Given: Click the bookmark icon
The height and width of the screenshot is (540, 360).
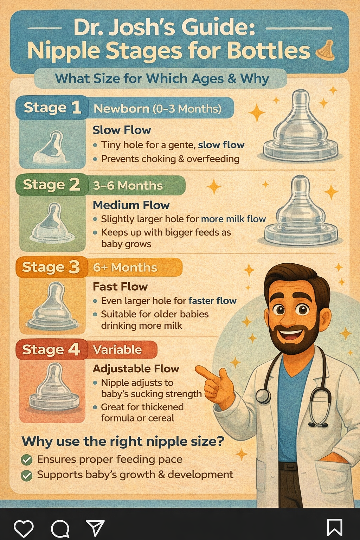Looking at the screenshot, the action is (x=334, y=527).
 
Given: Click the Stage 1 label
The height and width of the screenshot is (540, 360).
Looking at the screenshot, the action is (x=52, y=108).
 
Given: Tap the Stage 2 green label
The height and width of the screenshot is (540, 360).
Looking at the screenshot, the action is (x=52, y=185).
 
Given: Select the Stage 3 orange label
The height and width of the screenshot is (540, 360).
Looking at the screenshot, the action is (x=51, y=267).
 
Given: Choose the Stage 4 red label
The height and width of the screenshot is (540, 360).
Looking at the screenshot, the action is (x=51, y=349).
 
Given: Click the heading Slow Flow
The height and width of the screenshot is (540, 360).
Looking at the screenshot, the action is (x=122, y=130).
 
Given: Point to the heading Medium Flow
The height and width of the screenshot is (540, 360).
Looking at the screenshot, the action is (x=131, y=205).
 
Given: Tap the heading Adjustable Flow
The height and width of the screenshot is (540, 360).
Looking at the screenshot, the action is (x=136, y=368).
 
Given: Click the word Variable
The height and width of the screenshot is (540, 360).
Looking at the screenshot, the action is (x=117, y=349).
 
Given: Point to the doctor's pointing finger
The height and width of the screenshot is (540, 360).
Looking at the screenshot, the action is (x=205, y=373).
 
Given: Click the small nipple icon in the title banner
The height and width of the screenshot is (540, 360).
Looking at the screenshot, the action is (x=326, y=51).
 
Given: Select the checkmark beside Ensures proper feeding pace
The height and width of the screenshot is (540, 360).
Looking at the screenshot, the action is (x=26, y=460).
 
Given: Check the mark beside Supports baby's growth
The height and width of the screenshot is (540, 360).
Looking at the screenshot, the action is (x=26, y=476).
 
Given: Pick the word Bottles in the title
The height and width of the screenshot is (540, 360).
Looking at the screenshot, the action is (x=269, y=51).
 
